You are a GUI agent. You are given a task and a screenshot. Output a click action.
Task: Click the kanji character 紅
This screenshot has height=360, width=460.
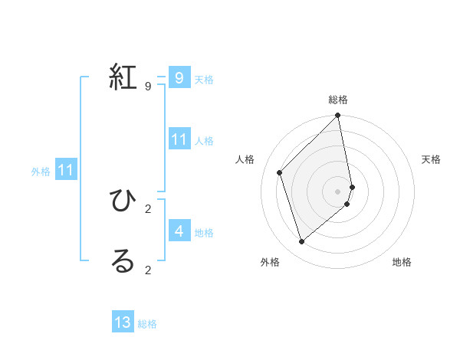(123, 78)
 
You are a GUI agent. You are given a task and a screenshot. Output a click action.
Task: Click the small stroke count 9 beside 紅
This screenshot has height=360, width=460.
(148, 87)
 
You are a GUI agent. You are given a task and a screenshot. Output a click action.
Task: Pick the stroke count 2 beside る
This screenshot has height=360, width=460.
(148, 270)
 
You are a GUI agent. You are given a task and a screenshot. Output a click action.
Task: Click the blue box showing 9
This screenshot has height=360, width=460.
(179, 78)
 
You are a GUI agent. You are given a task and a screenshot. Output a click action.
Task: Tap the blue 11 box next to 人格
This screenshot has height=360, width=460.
(179, 139)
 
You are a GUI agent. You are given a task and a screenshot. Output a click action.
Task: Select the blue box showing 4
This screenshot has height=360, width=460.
(179, 231)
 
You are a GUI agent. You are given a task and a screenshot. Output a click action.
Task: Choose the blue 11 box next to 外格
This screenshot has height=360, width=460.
(65, 171)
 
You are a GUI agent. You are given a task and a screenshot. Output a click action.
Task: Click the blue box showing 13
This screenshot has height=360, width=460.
(123, 322)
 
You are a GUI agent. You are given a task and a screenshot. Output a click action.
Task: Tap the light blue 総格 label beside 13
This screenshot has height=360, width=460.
(147, 324)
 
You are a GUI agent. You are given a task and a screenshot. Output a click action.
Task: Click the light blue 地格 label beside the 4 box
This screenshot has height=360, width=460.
(204, 232)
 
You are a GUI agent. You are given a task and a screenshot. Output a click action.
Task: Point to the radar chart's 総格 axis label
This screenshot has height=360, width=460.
(338, 100)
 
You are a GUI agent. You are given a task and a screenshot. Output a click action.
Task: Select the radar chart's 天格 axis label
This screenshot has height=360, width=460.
(432, 159)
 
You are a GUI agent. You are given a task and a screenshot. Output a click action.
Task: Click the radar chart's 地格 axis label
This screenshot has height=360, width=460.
(402, 263)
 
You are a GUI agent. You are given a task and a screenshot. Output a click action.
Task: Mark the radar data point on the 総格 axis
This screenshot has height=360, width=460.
(338, 116)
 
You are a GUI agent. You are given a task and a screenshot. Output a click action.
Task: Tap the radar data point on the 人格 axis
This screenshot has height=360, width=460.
(280, 172)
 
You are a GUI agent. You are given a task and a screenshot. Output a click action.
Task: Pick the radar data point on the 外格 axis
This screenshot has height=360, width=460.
(302, 242)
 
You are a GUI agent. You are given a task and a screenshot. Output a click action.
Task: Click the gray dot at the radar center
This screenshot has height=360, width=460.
(338, 191)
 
